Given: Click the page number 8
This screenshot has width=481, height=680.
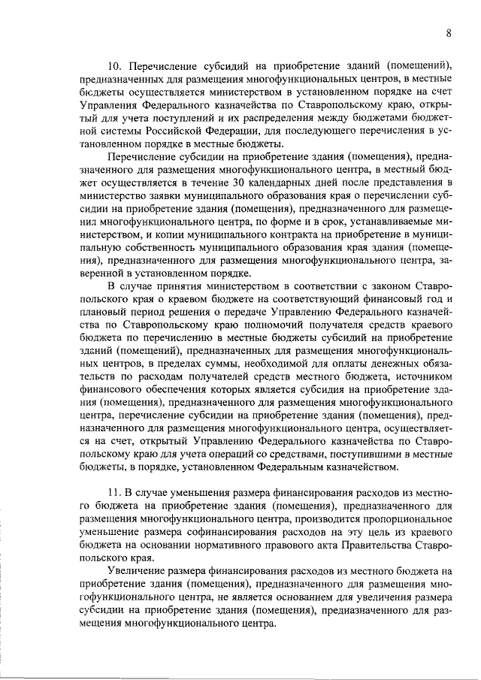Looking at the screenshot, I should (x=448, y=33).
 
